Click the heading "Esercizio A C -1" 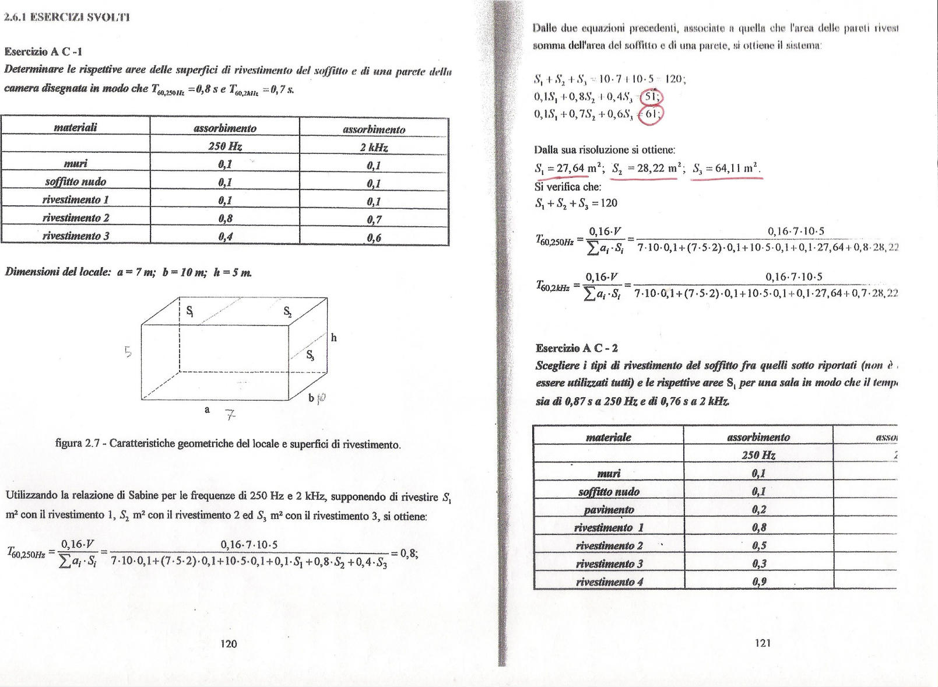(x=43, y=51)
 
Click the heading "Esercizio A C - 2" (x=577, y=348)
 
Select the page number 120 (x=229, y=643)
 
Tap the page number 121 (x=763, y=643)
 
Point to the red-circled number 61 (x=652, y=114)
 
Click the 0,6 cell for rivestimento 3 (x=374, y=237)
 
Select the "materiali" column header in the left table (x=76, y=127)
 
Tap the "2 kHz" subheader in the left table (x=374, y=147)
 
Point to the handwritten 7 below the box (x=231, y=415)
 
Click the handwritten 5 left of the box (x=129, y=352)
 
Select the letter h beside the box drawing (x=333, y=338)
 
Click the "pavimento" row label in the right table (x=609, y=509)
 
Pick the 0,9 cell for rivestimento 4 (x=759, y=581)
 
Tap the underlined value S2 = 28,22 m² (x=644, y=169)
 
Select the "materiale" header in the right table (x=608, y=437)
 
